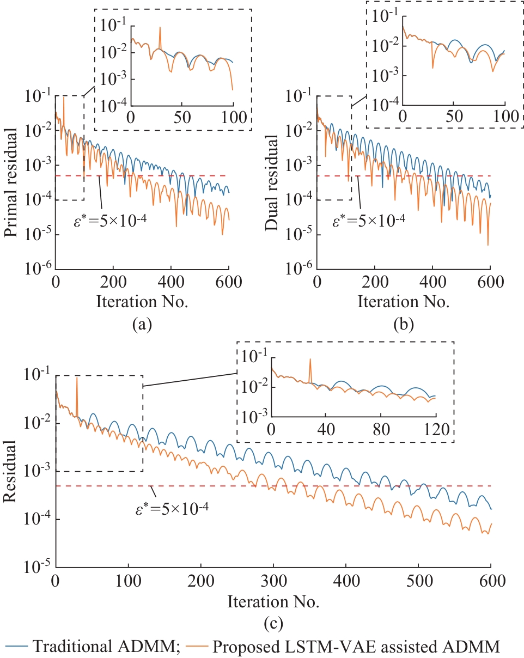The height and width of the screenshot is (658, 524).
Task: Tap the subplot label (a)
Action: (x=142, y=325)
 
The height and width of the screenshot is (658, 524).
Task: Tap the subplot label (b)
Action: (x=403, y=325)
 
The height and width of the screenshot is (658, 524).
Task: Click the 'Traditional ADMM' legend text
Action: (x=104, y=647)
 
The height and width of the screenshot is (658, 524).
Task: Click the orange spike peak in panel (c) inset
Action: (x=310, y=359)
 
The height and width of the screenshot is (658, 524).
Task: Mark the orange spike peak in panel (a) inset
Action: (x=160, y=27)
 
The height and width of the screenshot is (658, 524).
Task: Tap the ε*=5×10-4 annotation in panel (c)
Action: (x=172, y=510)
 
